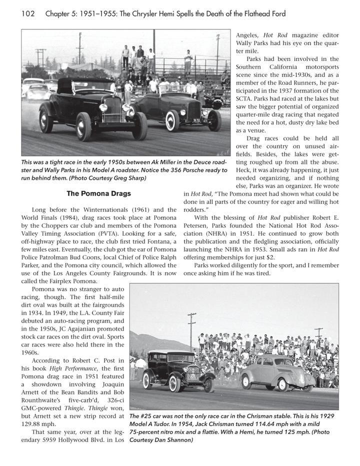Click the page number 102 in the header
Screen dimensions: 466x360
click(x=27, y=13)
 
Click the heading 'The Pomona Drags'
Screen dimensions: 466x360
click(x=98, y=193)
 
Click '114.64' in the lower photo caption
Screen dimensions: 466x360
click(x=263, y=424)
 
